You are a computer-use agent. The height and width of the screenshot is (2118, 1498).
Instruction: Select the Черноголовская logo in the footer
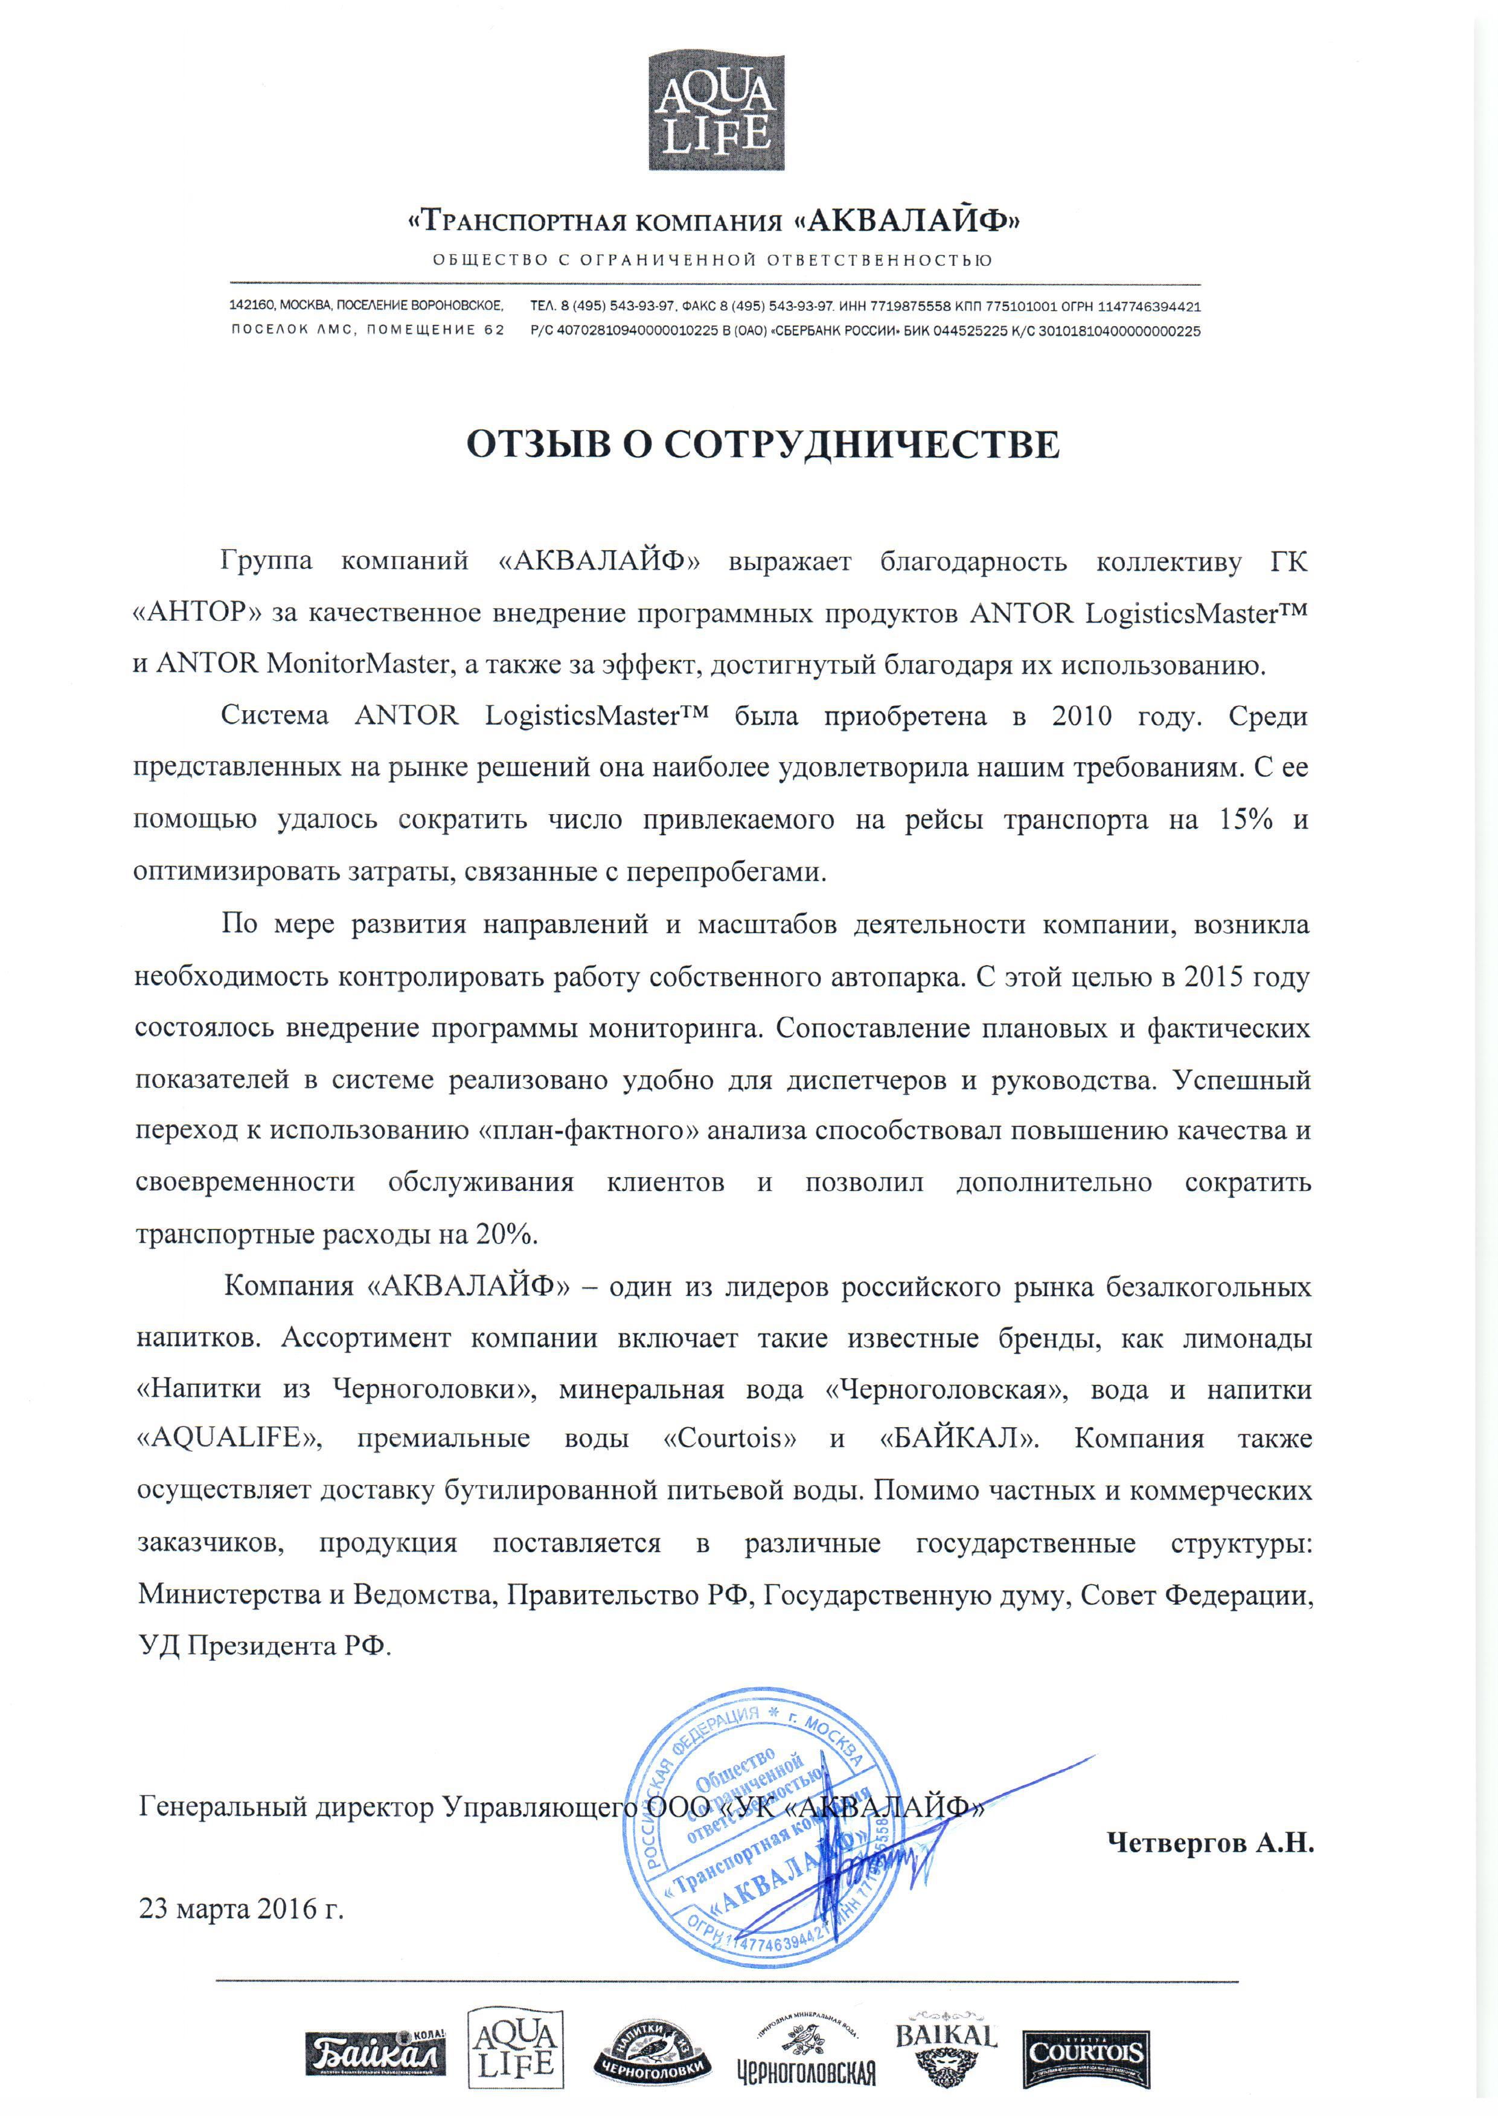(x=806, y=2061)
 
